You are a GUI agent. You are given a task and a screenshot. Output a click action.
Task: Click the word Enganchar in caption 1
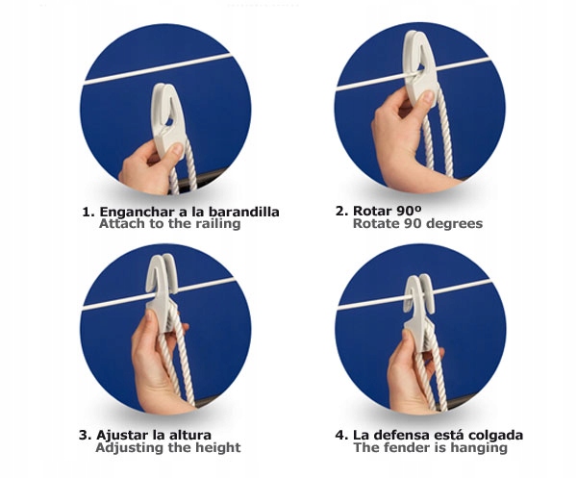click(x=134, y=211)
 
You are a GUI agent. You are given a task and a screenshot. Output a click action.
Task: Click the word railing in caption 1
click(x=214, y=224)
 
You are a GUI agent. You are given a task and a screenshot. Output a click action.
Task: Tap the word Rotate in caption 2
click(x=375, y=224)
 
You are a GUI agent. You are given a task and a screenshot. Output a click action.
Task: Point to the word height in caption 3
click(x=217, y=448)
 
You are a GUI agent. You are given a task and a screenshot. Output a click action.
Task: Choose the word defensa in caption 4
click(x=403, y=435)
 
